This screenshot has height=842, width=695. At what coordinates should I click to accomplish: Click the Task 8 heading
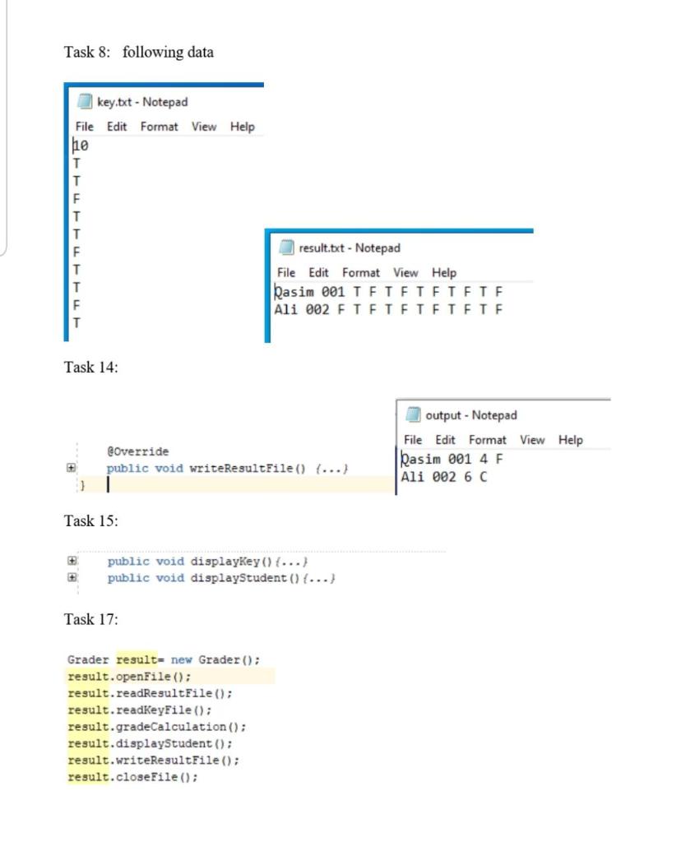pyautogui.click(x=138, y=53)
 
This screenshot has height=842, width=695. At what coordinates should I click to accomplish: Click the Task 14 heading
pyautogui.click(x=90, y=368)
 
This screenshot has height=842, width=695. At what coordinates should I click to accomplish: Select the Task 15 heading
pyautogui.click(x=90, y=521)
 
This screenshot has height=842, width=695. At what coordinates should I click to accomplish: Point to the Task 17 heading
pyautogui.click(x=90, y=619)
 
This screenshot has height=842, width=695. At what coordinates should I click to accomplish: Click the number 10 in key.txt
pyautogui.click(x=81, y=146)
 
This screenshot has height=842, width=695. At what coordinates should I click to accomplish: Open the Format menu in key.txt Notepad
pyautogui.click(x=159, y=127)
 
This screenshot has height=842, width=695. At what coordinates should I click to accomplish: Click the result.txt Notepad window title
pyautogui.click(x=349, y=248)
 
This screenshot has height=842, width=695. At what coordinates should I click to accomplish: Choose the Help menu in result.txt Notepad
pyautogui.click(x=443, y=273)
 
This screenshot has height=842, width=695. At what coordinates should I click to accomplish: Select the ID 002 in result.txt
pyautogui.click(x=317, y=309)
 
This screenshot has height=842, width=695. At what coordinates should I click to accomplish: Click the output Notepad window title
pyautogui.click(x=470, y=416)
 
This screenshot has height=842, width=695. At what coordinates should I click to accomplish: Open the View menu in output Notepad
pyautogui.click(x=531, y=440)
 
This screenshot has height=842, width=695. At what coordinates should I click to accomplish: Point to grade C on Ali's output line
pyautogui.click(x=482, y=477)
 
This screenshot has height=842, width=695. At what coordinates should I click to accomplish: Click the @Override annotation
pyautogui.click(x=137, y=451)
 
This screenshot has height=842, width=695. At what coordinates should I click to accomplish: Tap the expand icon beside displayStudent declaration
pyautogui.click(x=72, y=578)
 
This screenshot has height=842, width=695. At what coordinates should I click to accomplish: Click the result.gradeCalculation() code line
pyautogui.click(x=156, y=727)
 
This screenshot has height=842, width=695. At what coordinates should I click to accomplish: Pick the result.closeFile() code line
pyautogui.click(x=132, y=777)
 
